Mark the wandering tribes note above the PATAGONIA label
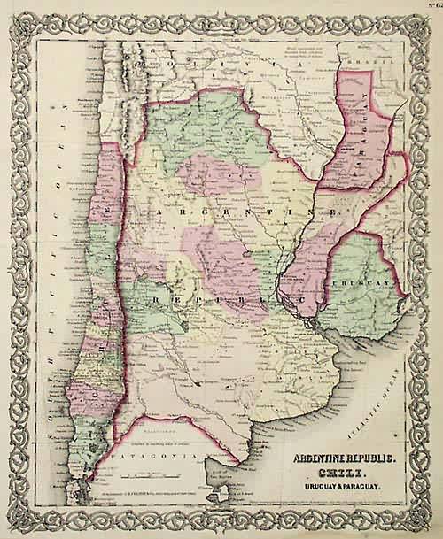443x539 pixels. pyautogui.click(x=177, y=442)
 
